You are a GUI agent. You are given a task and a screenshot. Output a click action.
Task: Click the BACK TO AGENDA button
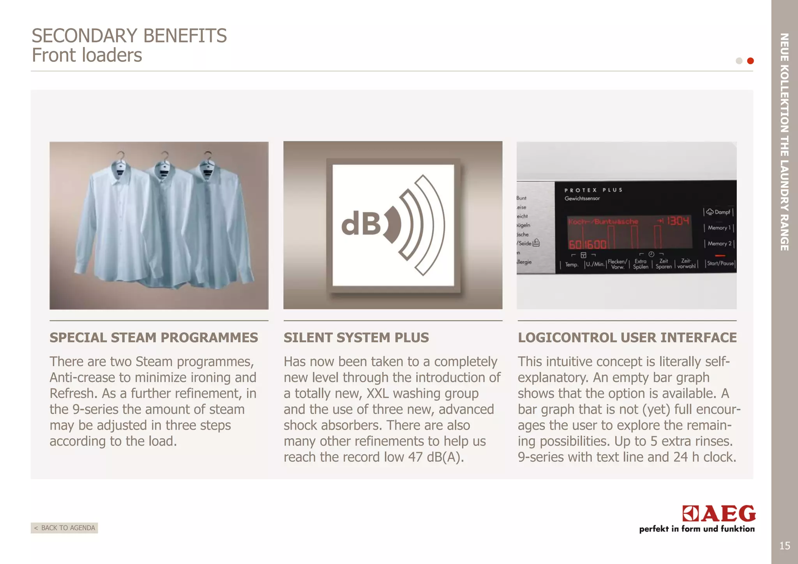64,528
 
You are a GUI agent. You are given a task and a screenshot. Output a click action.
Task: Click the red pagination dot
750,61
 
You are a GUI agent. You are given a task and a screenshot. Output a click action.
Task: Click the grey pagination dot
739,61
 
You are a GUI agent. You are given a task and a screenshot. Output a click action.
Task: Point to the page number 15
784,546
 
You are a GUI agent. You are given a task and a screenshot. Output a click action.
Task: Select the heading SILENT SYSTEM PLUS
356,337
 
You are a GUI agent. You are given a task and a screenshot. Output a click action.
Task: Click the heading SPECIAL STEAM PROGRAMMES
154,337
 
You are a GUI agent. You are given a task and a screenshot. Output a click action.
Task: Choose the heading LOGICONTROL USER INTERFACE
627,337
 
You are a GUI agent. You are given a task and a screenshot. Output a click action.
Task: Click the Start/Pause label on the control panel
720,263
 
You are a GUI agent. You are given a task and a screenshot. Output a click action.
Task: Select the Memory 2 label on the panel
719,243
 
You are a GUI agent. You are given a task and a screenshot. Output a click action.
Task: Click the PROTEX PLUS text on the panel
593,190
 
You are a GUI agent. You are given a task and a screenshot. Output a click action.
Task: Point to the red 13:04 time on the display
678,221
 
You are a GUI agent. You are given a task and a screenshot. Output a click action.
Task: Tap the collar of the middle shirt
164,171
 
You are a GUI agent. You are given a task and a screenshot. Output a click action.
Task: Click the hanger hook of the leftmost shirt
121,155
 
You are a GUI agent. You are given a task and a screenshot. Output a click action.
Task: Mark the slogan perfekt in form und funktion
697,529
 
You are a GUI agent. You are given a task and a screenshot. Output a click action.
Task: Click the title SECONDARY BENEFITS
129,36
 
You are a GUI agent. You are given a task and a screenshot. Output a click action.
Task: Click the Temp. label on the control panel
572,265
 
